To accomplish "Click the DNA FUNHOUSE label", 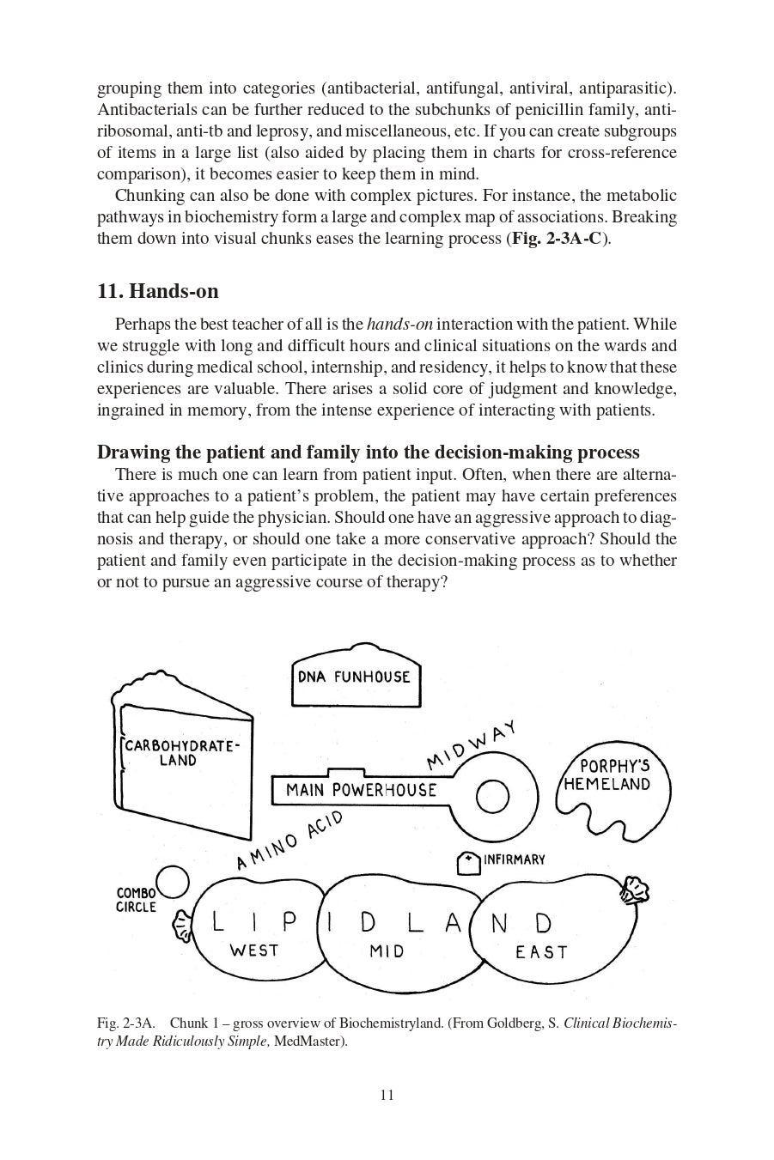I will [x=354, y=677].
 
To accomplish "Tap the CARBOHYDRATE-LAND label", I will [x=179, y=753].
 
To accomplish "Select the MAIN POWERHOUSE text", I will [x=361, y=790].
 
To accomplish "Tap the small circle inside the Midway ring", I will [x=492, y=797].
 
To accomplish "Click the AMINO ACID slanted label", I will [x=289, y=840].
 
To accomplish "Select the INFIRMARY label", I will [x=514, y=859].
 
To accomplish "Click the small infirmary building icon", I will [x=468, y=863].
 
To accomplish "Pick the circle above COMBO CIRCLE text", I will [x=172, y=881].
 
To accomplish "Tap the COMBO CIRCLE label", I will [x=136, y=900].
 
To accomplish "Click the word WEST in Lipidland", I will [x=253, y=950].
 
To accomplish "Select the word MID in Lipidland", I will [x=387, y=951].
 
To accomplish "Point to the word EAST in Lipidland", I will [x=541, y=952].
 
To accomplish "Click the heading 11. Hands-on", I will [x=158, y=291].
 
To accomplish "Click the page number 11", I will [x=387, y=1095].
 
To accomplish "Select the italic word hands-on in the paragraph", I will [x=399, y=325].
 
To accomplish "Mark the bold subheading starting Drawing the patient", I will [x=368, y=452].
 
